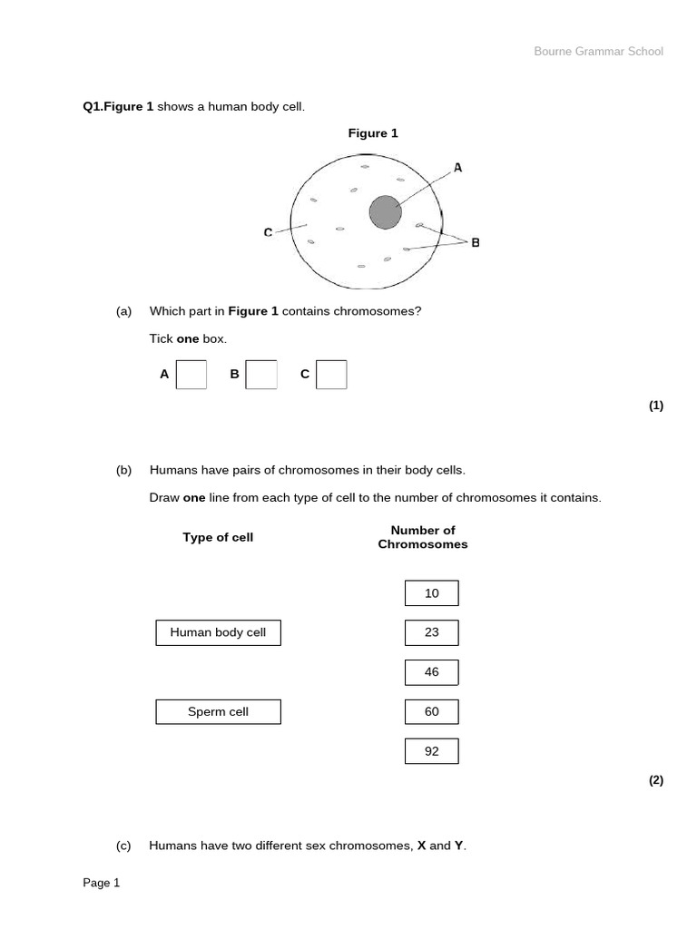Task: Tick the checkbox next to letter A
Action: pyautogui.click(x=191, y=375)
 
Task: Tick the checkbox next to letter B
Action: pyautogui.click(x=261, y=375)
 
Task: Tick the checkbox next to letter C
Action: pyautogui.click(x=331, y=375)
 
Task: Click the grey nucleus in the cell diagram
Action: pyautogui.click(x=385, y=213)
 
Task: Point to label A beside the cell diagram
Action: pyautogui.click(x=457, y=168)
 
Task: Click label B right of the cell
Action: pyautogui.click(x=476, y=242)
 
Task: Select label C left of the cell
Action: pyautogui.click(x=268, y=233)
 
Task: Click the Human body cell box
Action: pyautogui.click(x=218, y=632)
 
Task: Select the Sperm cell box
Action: pyautogui.click(x=218, y=712)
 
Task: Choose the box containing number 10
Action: pyautogui.click(x=431, y=593)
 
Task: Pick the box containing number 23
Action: pyautogui.click(x=431, y=632)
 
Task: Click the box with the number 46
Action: pyautogui.click(x=431, y=672)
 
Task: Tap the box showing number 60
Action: pyautogui.click(x=431, y=712)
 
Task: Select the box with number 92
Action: pyautogui.click(x=431, y=751)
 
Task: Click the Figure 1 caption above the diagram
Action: pyautogui.click(x=373, y=133)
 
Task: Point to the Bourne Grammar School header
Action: pyautogui.click(x=598, y=52)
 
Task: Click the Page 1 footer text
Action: pyautogui.click(x=102, y=883)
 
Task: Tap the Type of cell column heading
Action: pyautogui.click(x=218, y=537)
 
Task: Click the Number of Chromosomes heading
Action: pyautogui.click(x=423, y=537)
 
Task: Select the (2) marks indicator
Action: pyautogui.click(x=656, y=780)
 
